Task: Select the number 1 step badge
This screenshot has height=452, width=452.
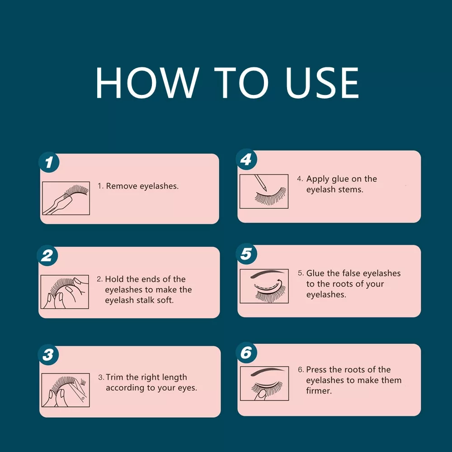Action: pos(49,162)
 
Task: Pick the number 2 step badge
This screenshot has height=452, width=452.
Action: pos(47,255)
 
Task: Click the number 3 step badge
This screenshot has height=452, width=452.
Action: pos(48,354)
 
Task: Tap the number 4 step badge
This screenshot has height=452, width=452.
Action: pos(246,159)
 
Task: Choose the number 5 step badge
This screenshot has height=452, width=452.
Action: pos(246,254)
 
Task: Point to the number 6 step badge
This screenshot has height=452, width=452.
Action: pos(246,353)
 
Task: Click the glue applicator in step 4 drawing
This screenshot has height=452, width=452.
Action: pos(261,183)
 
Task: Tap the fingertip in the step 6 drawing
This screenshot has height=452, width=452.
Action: pos(261,394)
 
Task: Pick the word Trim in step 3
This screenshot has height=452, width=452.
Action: pos(115,377)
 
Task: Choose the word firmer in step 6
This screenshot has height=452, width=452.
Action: pos(319,391)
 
